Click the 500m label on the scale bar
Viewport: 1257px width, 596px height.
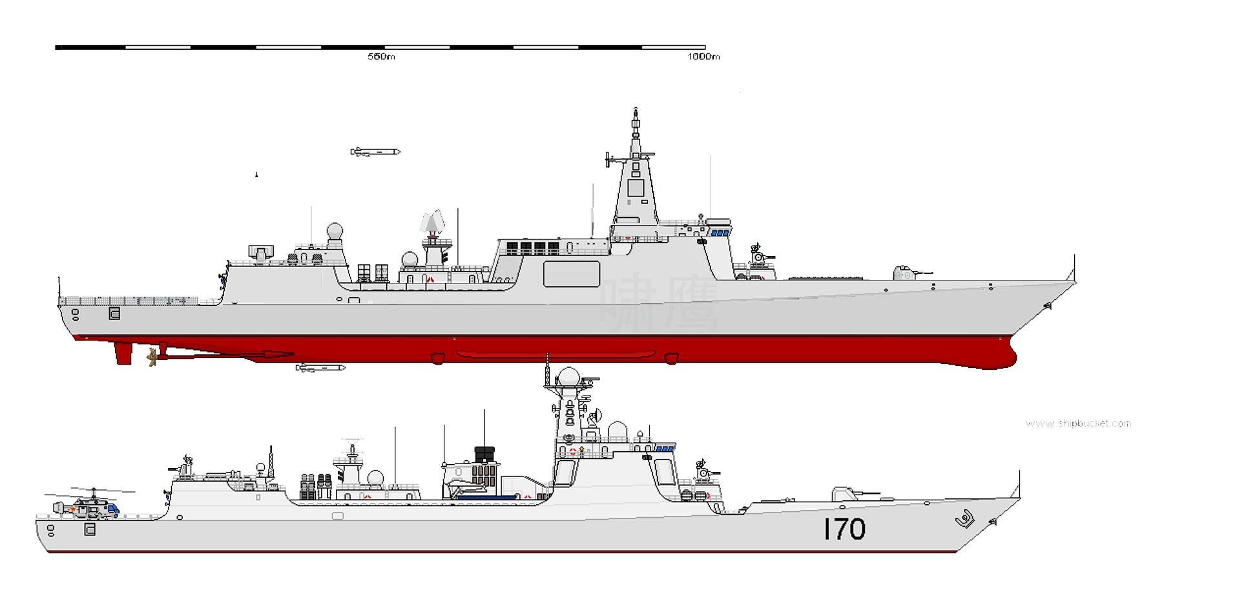tap(381, 57)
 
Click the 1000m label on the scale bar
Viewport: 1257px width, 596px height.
tap(703, 57)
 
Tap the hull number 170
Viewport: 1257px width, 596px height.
tap(844, 529)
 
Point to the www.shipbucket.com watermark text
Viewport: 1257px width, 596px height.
tap(1078, 424)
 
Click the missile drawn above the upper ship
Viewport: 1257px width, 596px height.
tap(375, 152)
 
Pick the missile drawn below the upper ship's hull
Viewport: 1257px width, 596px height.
tap(320, 368)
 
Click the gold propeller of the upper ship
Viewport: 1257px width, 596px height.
tap(152, 356)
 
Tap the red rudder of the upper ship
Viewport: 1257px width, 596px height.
tap(123, 354)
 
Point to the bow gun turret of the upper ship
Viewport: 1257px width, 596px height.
tap(908, 273)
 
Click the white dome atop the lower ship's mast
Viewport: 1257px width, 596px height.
tap(569, 377)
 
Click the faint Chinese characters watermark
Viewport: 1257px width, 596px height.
tap(659, 304)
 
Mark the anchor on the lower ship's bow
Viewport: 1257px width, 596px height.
tap(964, 519)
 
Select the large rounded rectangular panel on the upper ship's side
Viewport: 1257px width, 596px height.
tap(572, 273)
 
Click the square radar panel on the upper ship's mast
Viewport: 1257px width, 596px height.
tap(636, 188)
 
